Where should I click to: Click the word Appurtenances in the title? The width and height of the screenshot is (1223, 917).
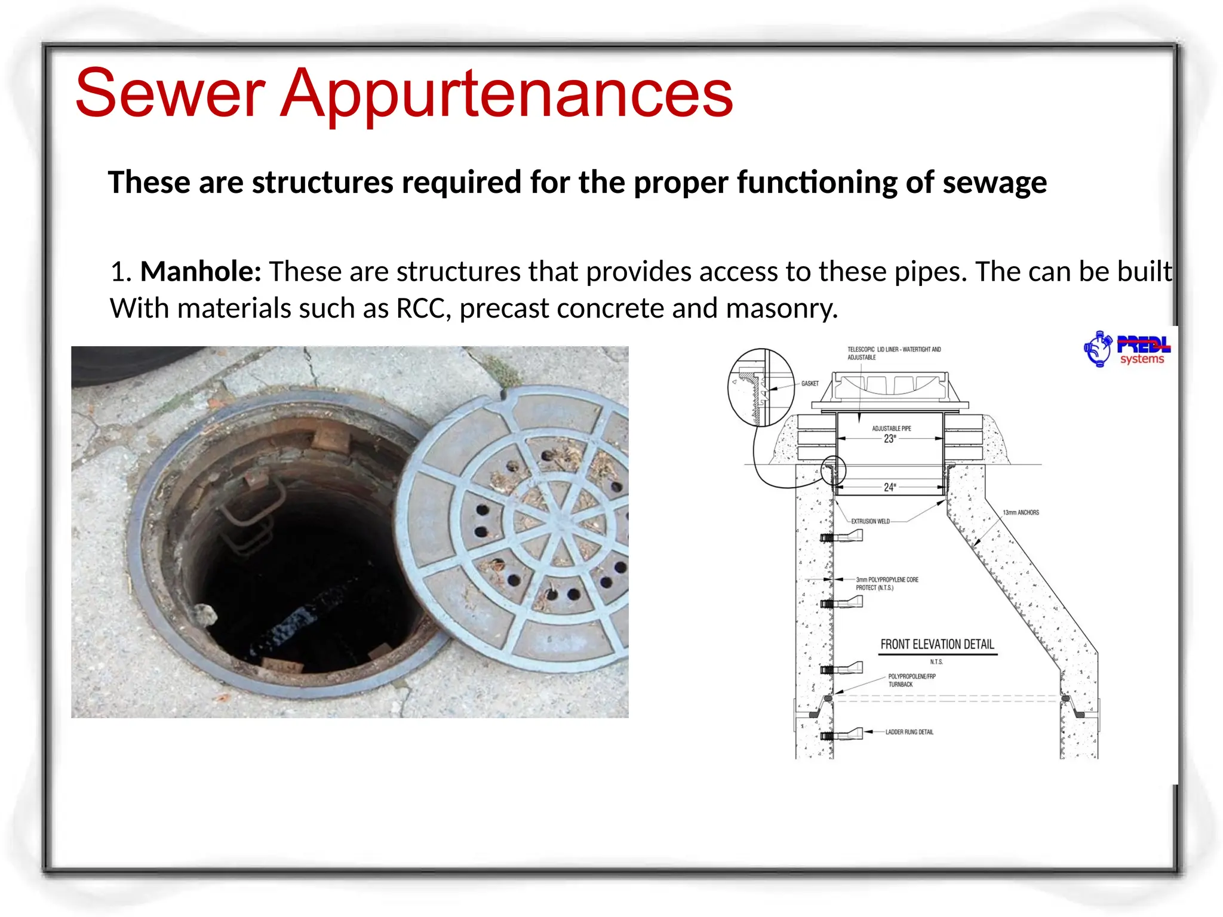(506, 94)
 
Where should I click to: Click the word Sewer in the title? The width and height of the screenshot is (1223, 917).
(170, 94)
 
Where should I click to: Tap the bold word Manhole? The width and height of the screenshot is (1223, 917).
(201, 272)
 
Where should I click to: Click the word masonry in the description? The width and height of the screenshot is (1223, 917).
(782, 309)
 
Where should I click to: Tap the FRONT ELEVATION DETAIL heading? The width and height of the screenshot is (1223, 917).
(937, 644)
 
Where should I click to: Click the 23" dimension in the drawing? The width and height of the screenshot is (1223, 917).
(890, 439)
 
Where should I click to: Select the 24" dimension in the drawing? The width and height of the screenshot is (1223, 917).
(890, 487)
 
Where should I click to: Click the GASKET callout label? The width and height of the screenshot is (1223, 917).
(810, 384)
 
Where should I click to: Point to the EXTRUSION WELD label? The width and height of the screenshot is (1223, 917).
(870, 521)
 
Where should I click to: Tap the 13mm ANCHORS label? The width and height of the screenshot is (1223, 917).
(1021, 512)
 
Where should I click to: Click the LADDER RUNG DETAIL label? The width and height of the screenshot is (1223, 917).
(909, 732)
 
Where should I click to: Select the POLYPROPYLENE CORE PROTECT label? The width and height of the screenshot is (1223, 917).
(887, 583)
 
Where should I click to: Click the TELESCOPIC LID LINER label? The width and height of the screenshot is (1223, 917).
(893, 353)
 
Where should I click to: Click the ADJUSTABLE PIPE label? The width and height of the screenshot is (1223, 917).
(891, 428)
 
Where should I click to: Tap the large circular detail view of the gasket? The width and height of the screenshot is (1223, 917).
(761, 387)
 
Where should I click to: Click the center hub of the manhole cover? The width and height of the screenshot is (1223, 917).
(558, 523)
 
